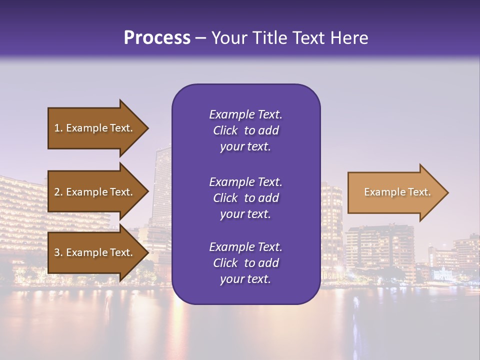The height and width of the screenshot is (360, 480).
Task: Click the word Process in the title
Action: [157, 38]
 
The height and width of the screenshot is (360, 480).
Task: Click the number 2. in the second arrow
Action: [58, 192]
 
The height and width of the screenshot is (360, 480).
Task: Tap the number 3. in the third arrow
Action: [58, 252]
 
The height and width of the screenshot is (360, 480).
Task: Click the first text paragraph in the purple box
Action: [245, 130]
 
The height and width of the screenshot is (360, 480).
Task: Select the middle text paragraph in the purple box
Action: [245, 198]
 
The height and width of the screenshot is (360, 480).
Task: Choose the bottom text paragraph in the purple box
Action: [245, 263]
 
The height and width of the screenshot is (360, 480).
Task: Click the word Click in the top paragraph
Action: [225, 130]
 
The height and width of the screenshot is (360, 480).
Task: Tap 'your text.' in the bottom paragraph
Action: [245, 279]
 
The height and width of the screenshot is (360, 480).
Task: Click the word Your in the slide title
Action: [227, 38]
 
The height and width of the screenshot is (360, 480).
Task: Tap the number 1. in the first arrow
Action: [58, 128]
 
